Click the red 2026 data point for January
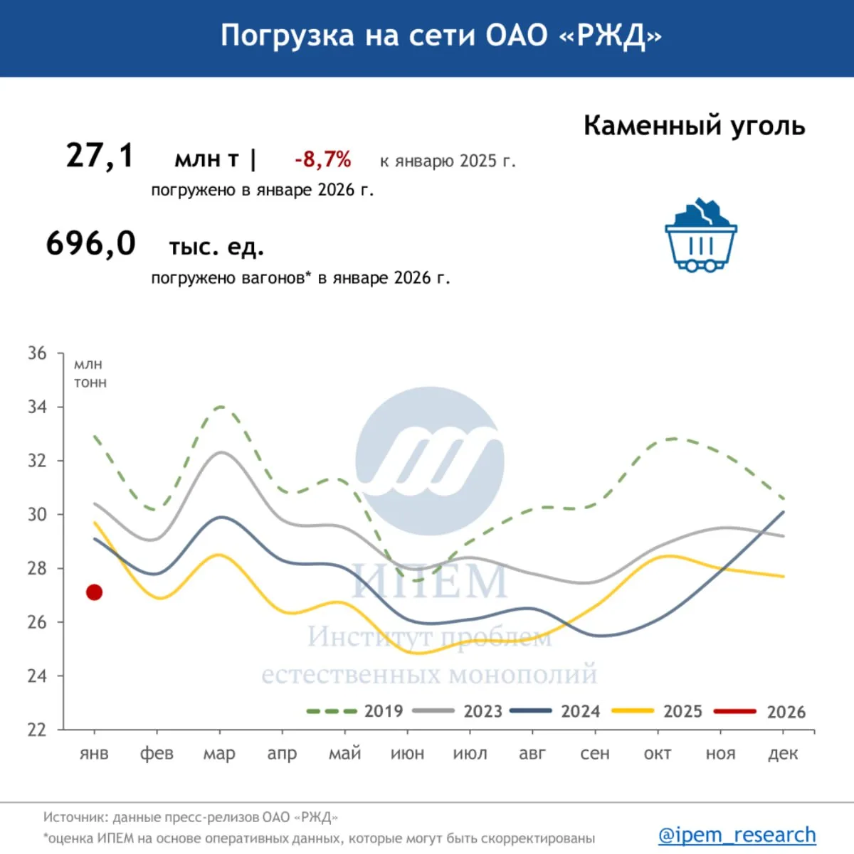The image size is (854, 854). tap(94, 592)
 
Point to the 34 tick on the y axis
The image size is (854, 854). tap(37, 407)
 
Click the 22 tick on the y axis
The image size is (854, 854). tap(37, 730)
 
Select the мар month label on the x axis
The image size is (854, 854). tap(219, 754)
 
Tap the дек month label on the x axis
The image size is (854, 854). tap(783, 754)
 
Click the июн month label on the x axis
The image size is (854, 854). tap(407, 754)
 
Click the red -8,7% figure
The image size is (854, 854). tap(323, 159)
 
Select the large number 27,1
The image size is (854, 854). tap(100, 155)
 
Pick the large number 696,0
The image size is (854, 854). tap(91, 243)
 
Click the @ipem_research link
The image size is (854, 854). tap(737, 834)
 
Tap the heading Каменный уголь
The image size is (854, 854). tap(694, 126)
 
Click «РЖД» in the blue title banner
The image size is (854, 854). tap(611, 36)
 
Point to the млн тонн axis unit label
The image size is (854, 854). tap(90, 373)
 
